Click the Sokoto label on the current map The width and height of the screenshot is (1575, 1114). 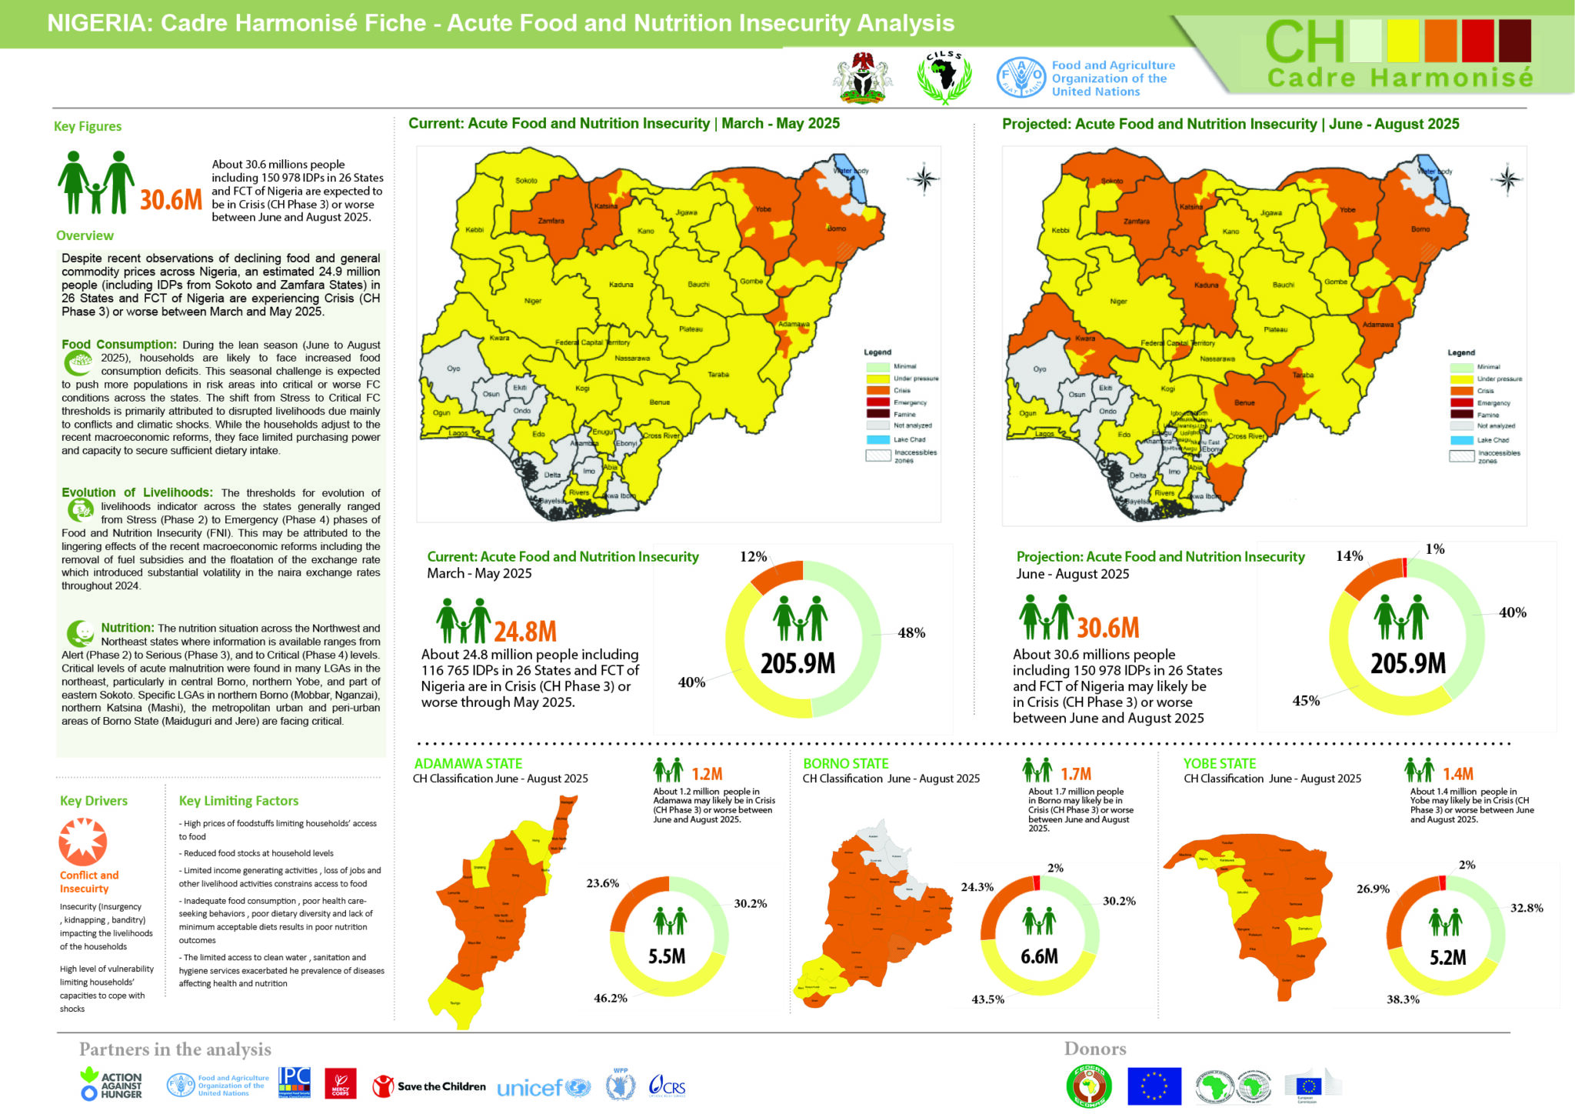[526, 181]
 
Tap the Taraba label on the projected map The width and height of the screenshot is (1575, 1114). [1303, 375]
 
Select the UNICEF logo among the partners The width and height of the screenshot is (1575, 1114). [543, 1087]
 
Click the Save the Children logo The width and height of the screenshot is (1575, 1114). [429, 1086]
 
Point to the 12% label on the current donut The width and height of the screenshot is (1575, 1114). [753, 556]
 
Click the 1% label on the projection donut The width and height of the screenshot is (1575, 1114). [1434, 549]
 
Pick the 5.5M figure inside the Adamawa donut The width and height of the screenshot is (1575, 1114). [667, 956]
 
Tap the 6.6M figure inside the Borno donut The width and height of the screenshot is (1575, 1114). [1039, 956]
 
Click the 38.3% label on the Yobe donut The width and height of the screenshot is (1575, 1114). [1403, 999]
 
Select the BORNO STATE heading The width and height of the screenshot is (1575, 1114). [845, 764]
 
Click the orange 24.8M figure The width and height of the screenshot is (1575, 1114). [524, 632]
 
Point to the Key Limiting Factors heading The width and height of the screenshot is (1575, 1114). [238, 801]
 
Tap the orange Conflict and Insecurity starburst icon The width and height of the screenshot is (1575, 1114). [82, 842]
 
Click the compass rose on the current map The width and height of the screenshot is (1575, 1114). [924, 179]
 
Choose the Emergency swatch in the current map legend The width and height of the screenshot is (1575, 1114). [877, 402]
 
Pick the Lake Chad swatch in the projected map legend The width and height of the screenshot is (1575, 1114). [1461, 440]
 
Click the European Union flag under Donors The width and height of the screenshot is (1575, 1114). [1154, 1086]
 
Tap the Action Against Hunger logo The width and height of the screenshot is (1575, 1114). [112, 1085]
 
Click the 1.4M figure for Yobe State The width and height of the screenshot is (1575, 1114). [1457, 774]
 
